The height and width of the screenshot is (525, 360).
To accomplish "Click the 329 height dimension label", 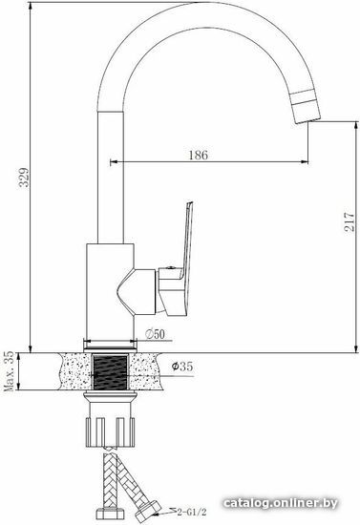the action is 24,178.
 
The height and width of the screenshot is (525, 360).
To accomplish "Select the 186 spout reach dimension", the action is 199,155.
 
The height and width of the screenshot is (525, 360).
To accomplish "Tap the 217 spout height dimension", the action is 349,221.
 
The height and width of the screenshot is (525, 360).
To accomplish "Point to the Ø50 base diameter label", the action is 155,334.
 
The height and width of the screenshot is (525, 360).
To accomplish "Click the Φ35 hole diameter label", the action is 182,367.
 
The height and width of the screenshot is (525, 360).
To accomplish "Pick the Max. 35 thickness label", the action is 9,371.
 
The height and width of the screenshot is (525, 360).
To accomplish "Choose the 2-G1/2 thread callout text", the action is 191,512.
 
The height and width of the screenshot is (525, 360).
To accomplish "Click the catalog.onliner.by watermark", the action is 280,503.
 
